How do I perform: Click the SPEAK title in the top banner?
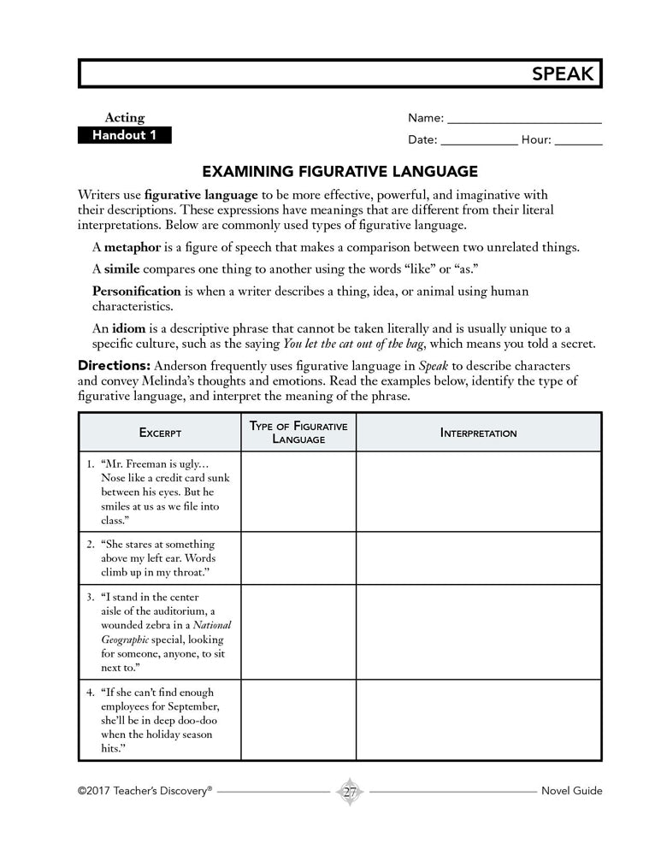click(562, 74)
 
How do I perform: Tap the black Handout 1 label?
click(125, 136)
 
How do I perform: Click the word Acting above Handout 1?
click(125, 118)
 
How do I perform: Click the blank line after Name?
click(524, 119)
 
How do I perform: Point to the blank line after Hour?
click(578, 140)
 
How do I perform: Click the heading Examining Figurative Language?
click(339, 170)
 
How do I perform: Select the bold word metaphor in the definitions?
click(133, 248)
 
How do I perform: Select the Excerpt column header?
click(161, 433)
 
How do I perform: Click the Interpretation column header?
click(479, 433)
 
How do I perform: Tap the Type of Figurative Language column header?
click(298, 432)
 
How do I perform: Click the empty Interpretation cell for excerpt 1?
click(479, 492)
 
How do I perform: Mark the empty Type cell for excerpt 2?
click(298, 557)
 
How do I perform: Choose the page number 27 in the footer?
click(350, 791)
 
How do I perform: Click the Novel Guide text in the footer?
click(572, 791)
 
